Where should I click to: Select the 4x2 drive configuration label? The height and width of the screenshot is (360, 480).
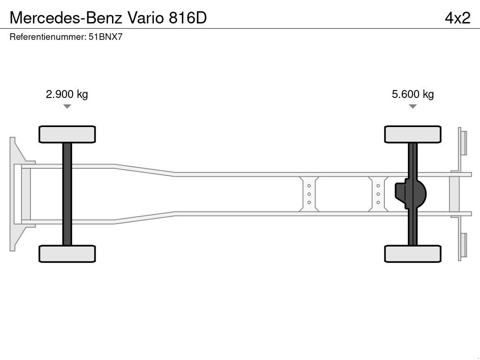(457, 17)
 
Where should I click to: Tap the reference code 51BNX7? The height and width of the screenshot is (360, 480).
(105, 37)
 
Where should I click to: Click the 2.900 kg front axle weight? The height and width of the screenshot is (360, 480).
(67, 94)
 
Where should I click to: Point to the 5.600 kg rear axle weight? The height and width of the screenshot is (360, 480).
(412, 94)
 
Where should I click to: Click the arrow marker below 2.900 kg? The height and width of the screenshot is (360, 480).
(67, 106)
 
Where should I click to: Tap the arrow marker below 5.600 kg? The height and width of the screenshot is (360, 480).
(412, 106)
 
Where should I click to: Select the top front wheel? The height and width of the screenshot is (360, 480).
(67, 134)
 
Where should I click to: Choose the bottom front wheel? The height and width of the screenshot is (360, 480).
(67, 254)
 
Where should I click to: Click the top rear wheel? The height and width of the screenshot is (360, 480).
(412, 134)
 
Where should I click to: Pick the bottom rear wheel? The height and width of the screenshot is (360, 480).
(412, 254)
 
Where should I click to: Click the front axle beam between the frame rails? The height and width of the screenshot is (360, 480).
(67, 194)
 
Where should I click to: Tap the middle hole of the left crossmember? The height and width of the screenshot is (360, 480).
(309, 194)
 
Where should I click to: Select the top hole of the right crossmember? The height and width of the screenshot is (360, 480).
(378, 186)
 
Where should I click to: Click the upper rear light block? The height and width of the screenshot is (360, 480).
(464, 142)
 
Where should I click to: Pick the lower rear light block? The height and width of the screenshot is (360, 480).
(464, 246)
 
